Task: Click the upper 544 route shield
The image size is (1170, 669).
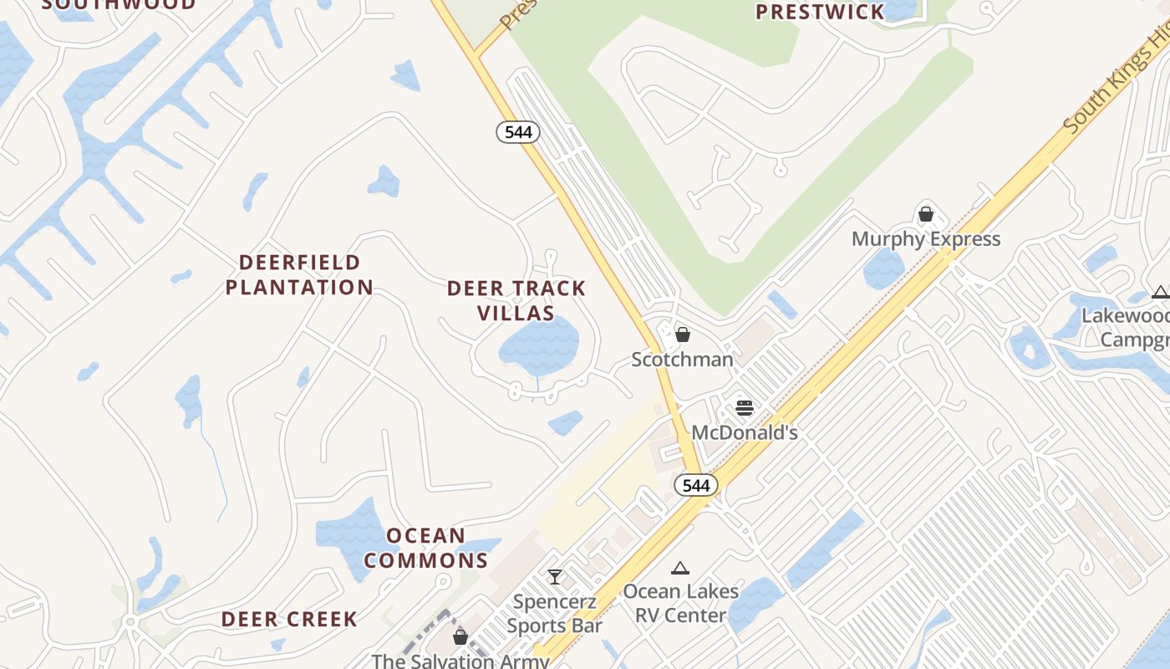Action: [x=518, y=132]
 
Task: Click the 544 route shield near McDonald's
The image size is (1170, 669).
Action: [x=696, y=485]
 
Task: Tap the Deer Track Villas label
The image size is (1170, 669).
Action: [x=516, y=300]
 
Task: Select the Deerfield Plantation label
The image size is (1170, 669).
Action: [x=299, y=275]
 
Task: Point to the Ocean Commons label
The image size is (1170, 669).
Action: [x=426, y=548]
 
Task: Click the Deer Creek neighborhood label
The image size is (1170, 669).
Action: [x=289, y=620]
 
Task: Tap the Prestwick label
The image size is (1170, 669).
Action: [x=819, y=12]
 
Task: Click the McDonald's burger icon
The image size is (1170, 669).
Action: [x=745, y=408]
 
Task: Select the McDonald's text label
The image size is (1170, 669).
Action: [x=745, y=432]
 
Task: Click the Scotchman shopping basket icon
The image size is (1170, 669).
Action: [x=683, y=334]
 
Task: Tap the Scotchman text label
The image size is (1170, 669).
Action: [x=682, y=360]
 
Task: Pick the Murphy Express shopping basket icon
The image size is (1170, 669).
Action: [x=925, y=214]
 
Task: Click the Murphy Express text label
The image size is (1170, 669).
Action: [x=925, y=239]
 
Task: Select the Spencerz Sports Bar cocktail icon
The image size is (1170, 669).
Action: [x=554, y=576]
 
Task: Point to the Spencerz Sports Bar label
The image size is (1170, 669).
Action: [x=554, y=613]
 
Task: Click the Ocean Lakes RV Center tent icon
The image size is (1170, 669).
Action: [x=680, y=569]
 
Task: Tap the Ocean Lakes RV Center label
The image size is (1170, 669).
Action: [x=680, y=603]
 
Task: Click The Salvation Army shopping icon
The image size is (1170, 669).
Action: [x=460, y=637]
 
